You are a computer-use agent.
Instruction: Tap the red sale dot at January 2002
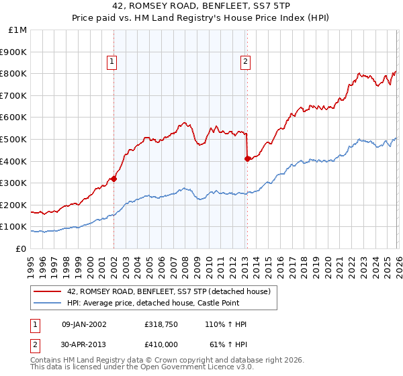pos(114,179)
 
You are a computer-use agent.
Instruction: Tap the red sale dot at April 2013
pos(247,158)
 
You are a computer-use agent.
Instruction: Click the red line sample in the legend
pos(48,291)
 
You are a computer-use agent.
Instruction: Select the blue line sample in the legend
pos(48,303)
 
